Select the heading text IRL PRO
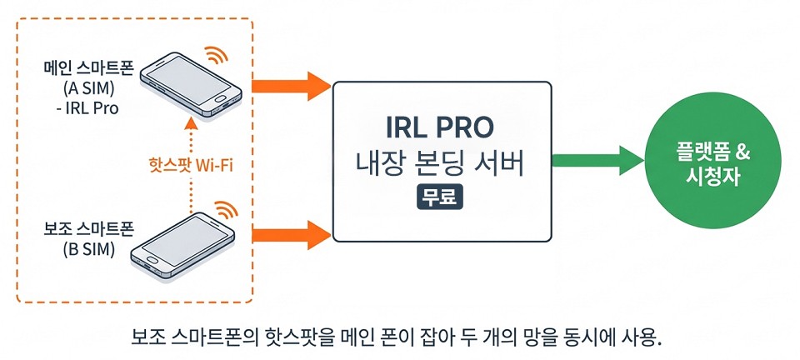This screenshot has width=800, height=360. [441, 128]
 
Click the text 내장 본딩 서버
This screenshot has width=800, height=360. [441, 164]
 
